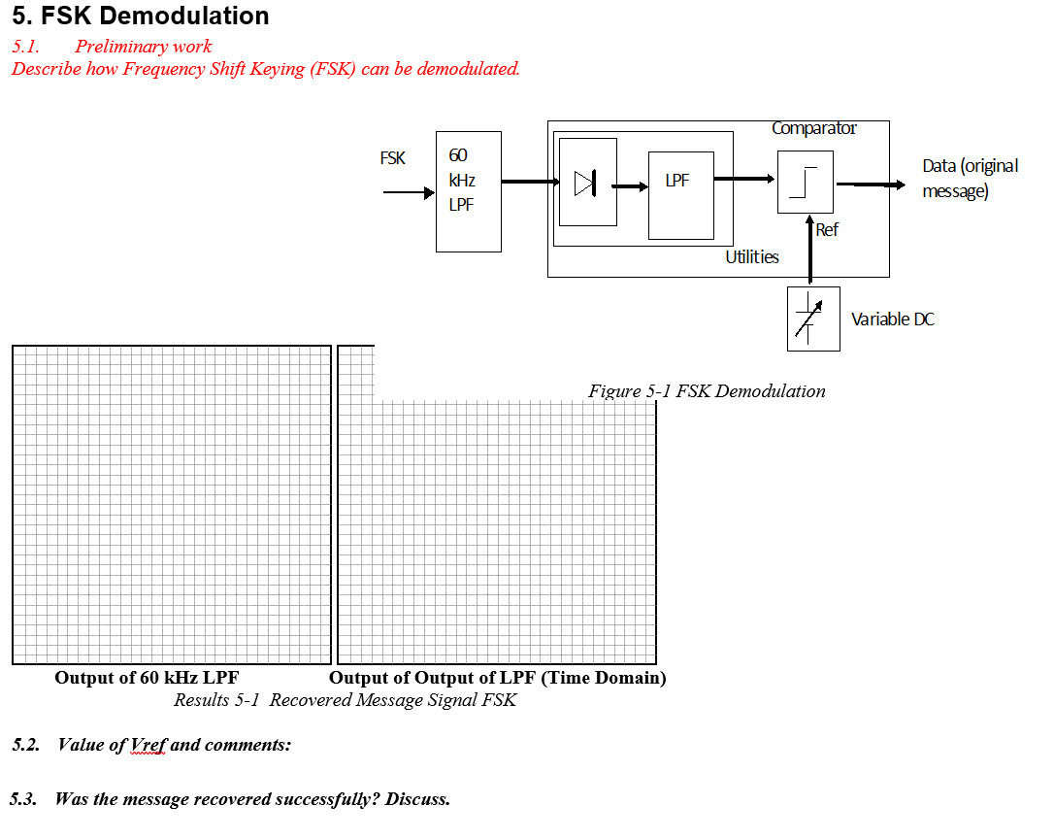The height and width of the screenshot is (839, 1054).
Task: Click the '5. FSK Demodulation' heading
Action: tap(141, 17)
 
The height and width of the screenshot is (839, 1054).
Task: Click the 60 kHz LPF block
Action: tap(469, 191)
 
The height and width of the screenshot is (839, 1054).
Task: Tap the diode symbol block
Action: tap(587, 182)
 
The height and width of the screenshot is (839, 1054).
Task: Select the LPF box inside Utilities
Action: tap(680, 195)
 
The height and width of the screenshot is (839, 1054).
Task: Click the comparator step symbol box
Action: tap(805, 182)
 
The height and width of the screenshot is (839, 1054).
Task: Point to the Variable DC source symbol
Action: tap(813, 319)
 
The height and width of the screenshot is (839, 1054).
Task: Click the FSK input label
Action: tap(393, 158)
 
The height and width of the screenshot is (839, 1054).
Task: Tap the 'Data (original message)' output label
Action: tap(970, 178)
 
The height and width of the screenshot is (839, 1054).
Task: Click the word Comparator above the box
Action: tap(814, 128)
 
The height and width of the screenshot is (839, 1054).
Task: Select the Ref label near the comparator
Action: tap(827, 230)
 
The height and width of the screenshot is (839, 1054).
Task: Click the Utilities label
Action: tap(752, 257)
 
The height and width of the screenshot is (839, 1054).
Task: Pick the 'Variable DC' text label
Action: tap(892, 319)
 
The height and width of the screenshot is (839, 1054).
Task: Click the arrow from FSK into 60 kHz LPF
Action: tap(409, 193)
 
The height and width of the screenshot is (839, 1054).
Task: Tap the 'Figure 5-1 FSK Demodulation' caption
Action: tap(707, 391)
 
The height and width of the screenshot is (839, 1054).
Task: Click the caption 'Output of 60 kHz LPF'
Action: tap(147, 678)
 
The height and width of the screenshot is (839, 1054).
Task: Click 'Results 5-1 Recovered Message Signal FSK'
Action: tap(345, 700)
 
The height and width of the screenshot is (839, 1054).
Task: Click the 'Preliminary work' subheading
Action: tap(144, 47)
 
